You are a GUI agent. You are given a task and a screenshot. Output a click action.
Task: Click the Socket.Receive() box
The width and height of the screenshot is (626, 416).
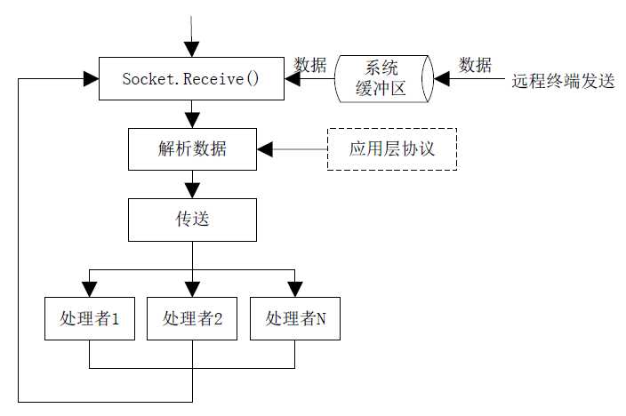[190, 79]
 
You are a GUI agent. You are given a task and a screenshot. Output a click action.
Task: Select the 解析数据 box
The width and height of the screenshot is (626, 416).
[192, 148]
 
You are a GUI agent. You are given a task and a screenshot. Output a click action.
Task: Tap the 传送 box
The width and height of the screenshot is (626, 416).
[192, 219]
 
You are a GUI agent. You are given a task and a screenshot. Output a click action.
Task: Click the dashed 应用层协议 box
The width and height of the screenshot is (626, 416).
[392, 148]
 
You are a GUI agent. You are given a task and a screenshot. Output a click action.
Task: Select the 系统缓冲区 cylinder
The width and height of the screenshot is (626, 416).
[385, 79]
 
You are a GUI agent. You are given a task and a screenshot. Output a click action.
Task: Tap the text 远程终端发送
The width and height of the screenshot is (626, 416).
[563, 80]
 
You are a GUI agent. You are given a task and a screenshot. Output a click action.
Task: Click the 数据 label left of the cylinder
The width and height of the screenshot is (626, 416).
[310, 65]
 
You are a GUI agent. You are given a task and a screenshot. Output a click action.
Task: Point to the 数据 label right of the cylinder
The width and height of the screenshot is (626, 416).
[476, 65]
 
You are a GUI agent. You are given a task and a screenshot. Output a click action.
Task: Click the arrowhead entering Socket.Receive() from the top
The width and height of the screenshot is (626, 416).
[191, 50]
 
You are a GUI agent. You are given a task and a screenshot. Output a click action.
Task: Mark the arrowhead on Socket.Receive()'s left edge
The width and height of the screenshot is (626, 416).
[90, 79]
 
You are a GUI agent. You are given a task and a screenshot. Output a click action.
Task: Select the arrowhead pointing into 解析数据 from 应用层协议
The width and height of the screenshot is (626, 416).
[265, 148]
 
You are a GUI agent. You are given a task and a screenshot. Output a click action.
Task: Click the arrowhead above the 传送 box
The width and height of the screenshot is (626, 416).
[191, 189]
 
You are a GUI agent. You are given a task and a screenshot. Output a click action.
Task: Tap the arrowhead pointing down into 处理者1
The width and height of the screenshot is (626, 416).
[89, 289]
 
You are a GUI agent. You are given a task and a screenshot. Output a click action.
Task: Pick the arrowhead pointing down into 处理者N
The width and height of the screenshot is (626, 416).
[295, 289]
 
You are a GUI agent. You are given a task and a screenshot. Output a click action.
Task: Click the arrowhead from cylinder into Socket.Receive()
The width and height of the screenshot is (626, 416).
[292, 79]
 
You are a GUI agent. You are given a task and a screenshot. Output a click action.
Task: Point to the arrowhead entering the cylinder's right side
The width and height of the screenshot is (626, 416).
[442, 79]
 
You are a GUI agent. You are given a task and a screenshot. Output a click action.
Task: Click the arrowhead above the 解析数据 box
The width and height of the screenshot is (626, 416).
[191, 120]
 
